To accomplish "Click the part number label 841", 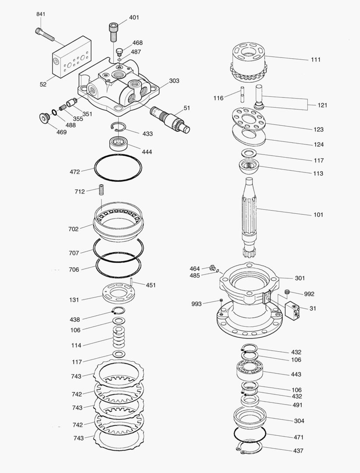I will click(x=40, y=14).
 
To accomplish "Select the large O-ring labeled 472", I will click(x=118, y=168).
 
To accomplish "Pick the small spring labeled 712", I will click(x=103, y=191).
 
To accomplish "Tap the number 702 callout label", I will click(x=74, y=229).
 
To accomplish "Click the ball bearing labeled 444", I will click(x=118, y=143).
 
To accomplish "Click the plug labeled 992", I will click(x=288, y=292).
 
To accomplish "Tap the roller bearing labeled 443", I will click(x=250, y=371).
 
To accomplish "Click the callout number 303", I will click(x=174, y=81).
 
